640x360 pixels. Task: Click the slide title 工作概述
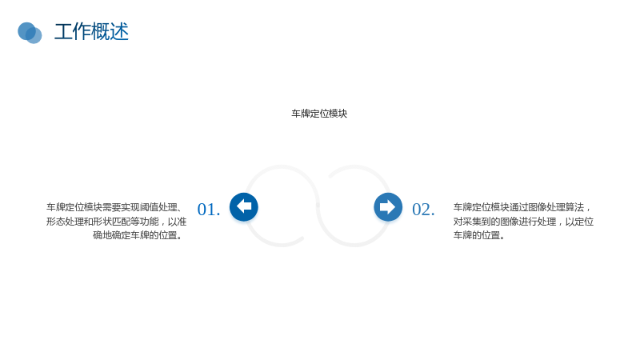pyautogui.click(x=91, y=32)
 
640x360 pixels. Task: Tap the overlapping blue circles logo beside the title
pyautogui.click(x=30, y=33)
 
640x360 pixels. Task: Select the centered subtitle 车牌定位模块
pyautogui.click(x=319, y=114)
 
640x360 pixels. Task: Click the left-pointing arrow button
pyautogui.click(x=244, y=207)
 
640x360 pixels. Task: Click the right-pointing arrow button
pyautogui.click(x=388, y=207)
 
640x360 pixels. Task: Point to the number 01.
pyautogui.click(x=209, y=210)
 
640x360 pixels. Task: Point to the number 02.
pyautogui.click(x=423, y=210)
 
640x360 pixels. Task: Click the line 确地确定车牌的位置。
pyautogui.click(x=138, y=235)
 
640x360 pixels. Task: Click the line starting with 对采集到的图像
pyautogui.click(x=523, y=222)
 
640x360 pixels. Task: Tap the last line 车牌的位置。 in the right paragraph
pyautogui.click(x=478, y=235)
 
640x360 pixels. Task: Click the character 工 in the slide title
pyautogui.click(x=64, y=32)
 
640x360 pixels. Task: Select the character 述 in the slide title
pyautogui.click(x=119, y=32)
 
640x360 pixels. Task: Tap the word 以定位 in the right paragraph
pyautogui.click(x=579, y=222)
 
